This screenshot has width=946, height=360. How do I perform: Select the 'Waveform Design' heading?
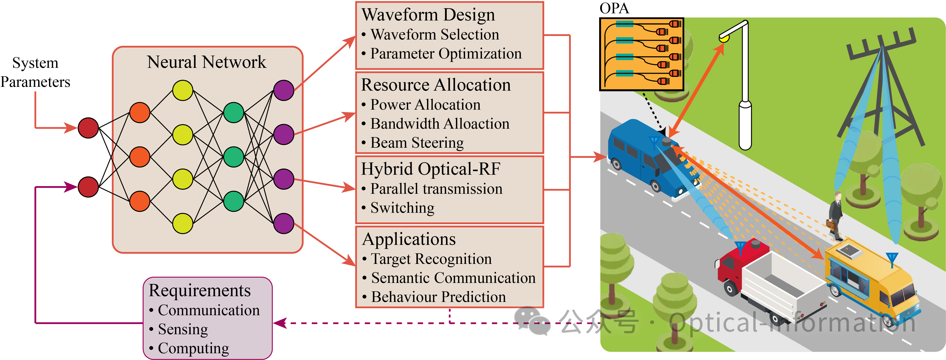(428, 15)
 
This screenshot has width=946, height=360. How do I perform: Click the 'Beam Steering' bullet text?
(417, 143)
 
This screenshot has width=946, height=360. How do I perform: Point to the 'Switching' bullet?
(402, 208)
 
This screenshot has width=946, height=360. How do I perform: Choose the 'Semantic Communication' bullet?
(453, 278)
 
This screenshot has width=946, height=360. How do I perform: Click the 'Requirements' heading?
(200, 290)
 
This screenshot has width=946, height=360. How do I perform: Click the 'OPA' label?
(614, 8)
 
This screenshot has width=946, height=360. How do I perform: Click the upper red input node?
(88, 128)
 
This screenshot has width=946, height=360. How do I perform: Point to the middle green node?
(233, 157)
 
